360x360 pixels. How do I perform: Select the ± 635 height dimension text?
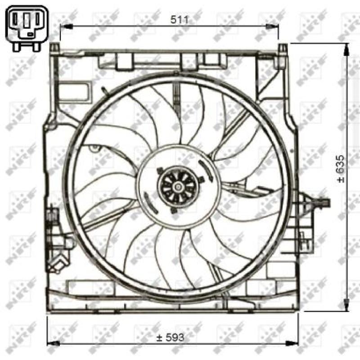pyautogui.click(x=341, y=168)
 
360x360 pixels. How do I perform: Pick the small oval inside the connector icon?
pyautogui.click(x=30, y=33)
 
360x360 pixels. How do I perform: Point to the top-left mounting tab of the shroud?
pyautogui.click(x=54, y=47)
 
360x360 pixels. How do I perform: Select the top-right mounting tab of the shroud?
pyautogui.click(x=282, y=48)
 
